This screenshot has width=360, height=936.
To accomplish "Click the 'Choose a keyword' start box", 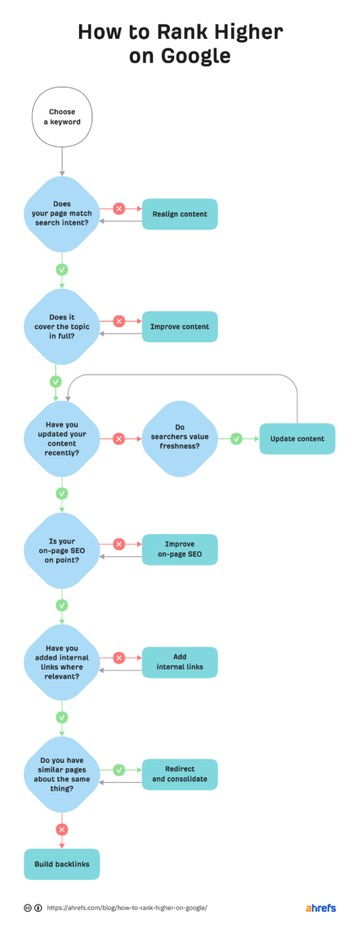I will pos(62,116).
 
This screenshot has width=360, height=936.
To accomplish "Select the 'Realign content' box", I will pos(180,214).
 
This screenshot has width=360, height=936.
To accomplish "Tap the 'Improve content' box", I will pos(180,326).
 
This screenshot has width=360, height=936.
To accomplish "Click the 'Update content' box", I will pos(297,438).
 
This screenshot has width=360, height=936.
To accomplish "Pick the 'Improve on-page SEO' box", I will pos(180,550).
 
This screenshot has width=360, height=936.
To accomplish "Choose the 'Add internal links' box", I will pos(180,662).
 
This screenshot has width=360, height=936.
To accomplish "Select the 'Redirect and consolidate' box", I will pos(180,774).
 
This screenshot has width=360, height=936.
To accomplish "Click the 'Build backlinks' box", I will pos(62,864).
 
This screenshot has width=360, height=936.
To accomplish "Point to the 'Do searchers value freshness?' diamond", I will pos(180,438).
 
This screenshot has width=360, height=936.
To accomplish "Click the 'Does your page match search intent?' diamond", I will pos(62,214).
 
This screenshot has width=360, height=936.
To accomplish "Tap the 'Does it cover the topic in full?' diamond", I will pos(62,326).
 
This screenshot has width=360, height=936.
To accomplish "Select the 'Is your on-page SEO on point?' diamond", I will pos(62,550).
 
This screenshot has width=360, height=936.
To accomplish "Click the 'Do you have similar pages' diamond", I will pos(62,774).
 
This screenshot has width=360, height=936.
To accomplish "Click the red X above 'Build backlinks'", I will pos(62,829).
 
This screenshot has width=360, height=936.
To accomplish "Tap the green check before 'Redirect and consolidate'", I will pos(119,770).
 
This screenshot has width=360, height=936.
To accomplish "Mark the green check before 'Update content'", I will pos(236,438).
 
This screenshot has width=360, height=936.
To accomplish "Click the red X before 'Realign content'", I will pos(119,209).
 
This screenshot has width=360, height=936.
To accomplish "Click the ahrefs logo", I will pos(320,908).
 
